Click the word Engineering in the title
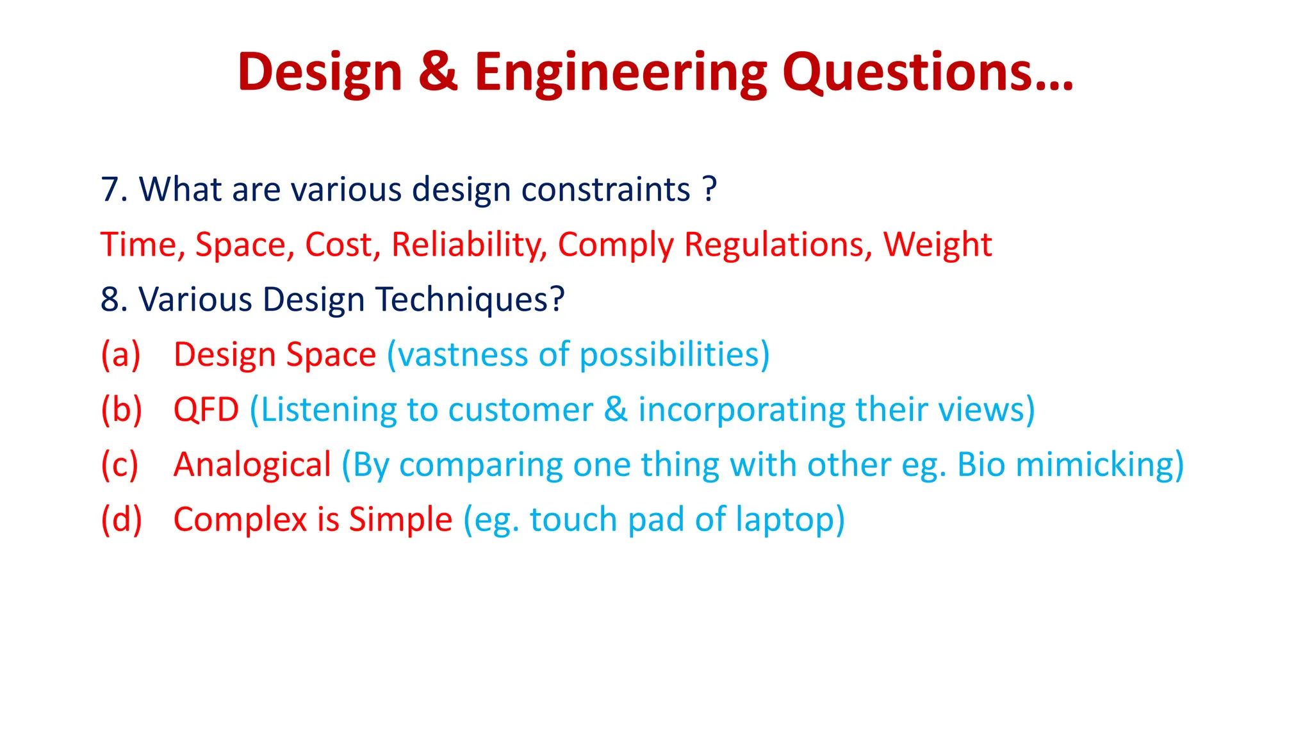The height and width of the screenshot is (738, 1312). pyautogui.click(x=620, y=73)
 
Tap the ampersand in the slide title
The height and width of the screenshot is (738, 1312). pyautogui.click(x=438, y=71)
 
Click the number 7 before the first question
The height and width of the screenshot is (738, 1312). pyautogui.click(x=110, y=190)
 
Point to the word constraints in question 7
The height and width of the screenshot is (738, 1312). pyautogui.click(x=605, y=190)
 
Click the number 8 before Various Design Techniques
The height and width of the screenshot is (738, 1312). pyautogui.click(x=110, y=300)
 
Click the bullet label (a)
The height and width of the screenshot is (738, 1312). pyautogui.click(x=120, y=354)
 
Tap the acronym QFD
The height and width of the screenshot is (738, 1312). pyautogui.click(x=206, y=409)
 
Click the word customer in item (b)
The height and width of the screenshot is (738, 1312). pyautogui.click(x=520, y=409)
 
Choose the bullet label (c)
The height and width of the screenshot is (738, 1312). pyautogui.click(x=120, y=464)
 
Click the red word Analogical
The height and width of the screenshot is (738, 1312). pyautogui.click(x=252, y=464)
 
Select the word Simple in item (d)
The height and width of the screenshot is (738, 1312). pyautogui.click(x=400, y=520)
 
